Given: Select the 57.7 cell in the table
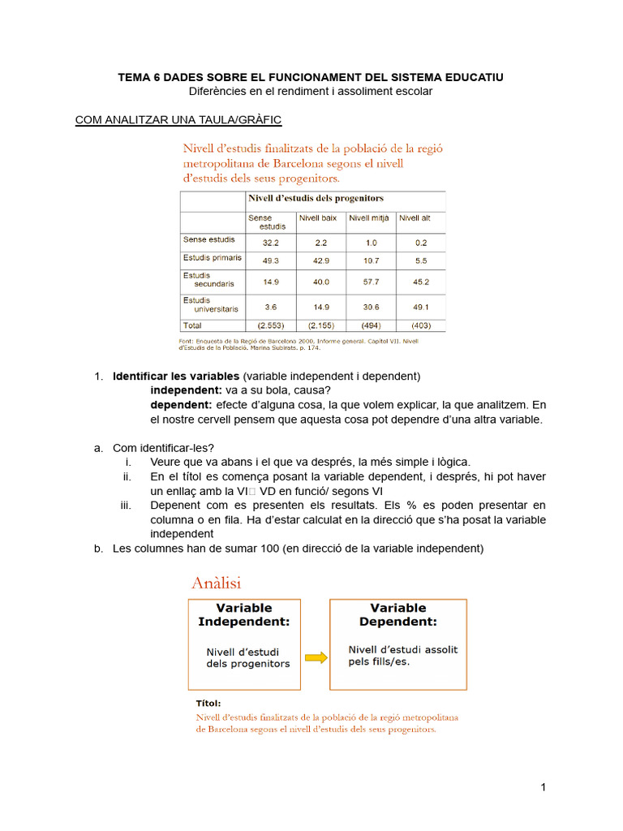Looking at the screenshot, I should coord(371,282).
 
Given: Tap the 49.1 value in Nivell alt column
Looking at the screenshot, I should coord(420,308).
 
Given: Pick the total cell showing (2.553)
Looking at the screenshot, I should coord(271,325).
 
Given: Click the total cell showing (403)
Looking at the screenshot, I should coord(420,325).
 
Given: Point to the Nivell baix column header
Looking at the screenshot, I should coord(318,218).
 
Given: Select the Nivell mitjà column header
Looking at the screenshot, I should coord(369,218).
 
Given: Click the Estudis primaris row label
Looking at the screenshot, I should coord(212,258).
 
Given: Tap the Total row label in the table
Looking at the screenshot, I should coord(193,325).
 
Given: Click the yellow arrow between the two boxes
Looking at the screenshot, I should coord(316,657).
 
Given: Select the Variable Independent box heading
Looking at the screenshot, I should coord(244,614).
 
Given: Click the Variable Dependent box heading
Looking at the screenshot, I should coord(397,614).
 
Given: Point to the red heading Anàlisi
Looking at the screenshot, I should coord(216,582).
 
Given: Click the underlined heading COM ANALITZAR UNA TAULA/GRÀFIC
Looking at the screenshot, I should coord(178,120).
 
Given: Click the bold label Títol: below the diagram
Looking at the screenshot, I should coord(208,704).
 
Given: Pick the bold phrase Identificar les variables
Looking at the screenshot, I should coord(176,377).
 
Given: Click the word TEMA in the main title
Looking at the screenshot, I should coord(135,77).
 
